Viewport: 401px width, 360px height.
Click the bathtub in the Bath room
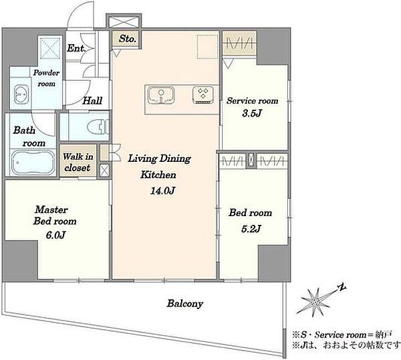[33, 163]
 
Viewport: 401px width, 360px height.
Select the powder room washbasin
[21, 94]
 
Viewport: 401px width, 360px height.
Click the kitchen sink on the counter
[161, 95]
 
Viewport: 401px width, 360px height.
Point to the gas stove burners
[203, 95]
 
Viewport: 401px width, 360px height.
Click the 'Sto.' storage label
[127, 39]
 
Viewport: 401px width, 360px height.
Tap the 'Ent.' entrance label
[76, 48]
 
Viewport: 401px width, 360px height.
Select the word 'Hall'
[92, 100]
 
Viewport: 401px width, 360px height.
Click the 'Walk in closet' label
[78, 162]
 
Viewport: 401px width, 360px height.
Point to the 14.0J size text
[162, 191]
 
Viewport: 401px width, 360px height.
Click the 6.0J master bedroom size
[55, 235]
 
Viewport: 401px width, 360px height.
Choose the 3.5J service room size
[252, 113]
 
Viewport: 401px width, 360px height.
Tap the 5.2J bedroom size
[251, 228]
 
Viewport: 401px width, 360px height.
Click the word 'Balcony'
[185, 304]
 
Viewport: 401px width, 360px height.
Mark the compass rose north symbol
[316, 302]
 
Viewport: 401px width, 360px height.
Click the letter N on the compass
[342, 288]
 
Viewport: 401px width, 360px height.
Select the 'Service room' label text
[253, 100]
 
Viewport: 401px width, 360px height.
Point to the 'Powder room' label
[46, 78]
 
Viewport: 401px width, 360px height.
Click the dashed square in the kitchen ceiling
[208, 46]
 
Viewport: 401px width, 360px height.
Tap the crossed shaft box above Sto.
[124, 21]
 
